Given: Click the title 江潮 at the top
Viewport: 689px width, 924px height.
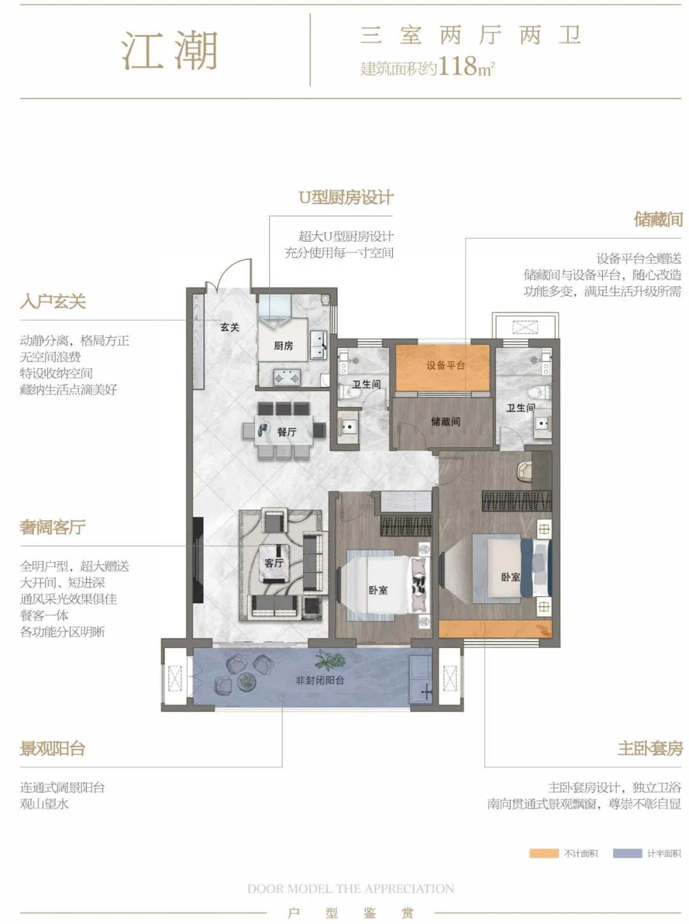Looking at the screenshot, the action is [x=170, y=50].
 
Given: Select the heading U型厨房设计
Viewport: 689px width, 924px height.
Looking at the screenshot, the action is [x=346, y=197].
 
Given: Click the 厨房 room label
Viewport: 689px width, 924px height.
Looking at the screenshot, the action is [x=283, y=345].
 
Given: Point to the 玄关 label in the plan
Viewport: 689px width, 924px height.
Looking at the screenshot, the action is [x=230, y=327].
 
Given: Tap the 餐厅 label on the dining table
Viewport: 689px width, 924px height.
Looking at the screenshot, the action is [x=286, y=432].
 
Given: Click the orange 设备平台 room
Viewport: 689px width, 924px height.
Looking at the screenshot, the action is [x=443, y=368].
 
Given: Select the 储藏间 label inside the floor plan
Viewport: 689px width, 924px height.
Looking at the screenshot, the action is [x=445, y=421].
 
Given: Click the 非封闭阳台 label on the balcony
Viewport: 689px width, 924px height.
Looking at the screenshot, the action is [x=320, y=680].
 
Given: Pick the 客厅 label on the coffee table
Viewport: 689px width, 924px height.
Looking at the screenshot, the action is [x=274, y=563].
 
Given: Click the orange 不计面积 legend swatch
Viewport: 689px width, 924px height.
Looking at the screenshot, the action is [x=544, y=853].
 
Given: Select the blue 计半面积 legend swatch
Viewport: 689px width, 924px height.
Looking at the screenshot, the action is [x=627, y=853].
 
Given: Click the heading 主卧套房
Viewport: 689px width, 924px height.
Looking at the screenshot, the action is [x=650, y=748].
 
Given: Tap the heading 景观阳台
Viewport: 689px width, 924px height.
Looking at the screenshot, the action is [x=52, y=748].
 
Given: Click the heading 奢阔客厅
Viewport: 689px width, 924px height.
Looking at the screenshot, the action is [x=52, y=527].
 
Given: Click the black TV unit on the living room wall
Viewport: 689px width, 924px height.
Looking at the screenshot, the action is [x=198, y=560].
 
